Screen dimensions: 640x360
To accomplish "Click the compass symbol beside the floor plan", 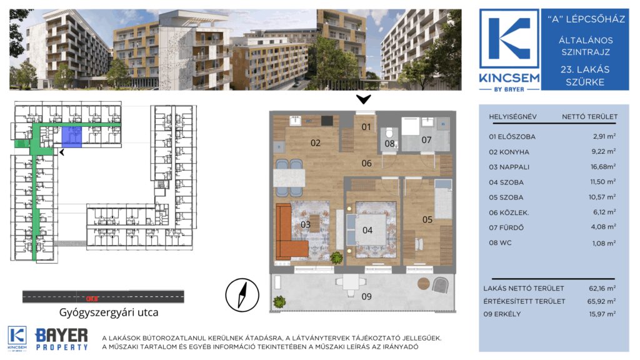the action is [x=242, y=295].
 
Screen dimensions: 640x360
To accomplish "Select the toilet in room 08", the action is [x=389, y=133].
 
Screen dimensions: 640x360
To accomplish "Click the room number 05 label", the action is [x=427, y=219].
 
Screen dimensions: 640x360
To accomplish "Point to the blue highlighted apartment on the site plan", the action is [x=72, y=136].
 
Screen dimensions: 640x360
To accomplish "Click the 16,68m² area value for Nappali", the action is [x=603, y=166].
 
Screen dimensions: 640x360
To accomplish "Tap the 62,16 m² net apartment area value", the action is [x=602, y=288].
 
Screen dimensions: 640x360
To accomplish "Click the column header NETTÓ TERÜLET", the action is [x=589, y=117].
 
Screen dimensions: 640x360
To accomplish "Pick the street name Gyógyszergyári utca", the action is [x=109, y=312].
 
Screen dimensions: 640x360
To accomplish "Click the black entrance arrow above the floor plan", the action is [x=363, y=99].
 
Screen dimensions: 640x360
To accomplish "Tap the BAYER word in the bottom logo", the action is [x=62, y=336].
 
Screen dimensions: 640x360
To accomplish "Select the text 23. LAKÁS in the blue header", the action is [x=584, y=69].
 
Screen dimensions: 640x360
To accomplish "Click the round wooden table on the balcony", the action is [x=424, y=283].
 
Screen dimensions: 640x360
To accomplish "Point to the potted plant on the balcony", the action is [x=279, y=302].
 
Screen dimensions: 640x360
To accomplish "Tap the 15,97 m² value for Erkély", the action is [x=602, y=314].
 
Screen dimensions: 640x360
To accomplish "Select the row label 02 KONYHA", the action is [x=509, y=152].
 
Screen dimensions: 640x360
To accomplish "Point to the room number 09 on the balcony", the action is [x=366, y=297].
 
